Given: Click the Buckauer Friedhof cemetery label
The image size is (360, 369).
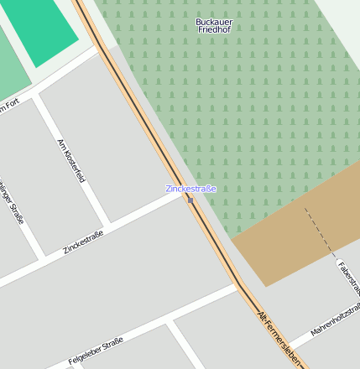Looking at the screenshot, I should (213, 25).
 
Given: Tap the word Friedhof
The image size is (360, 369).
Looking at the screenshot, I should (213, 30).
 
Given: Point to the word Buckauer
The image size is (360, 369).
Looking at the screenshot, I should (213, 21).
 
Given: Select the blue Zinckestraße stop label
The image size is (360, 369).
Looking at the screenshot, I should (190, 189).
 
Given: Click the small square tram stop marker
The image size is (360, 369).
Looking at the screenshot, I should (190, 200).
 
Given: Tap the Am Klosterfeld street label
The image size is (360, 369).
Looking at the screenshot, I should (70, 160).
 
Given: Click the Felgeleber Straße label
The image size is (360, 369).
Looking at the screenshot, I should (96, 349).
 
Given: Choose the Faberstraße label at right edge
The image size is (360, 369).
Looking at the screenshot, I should (348, 278).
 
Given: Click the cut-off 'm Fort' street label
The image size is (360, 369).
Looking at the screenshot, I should (8, 107).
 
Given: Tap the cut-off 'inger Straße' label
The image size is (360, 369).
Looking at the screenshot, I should (12, 201).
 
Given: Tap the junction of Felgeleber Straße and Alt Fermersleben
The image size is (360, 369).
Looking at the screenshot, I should (238, 288).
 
